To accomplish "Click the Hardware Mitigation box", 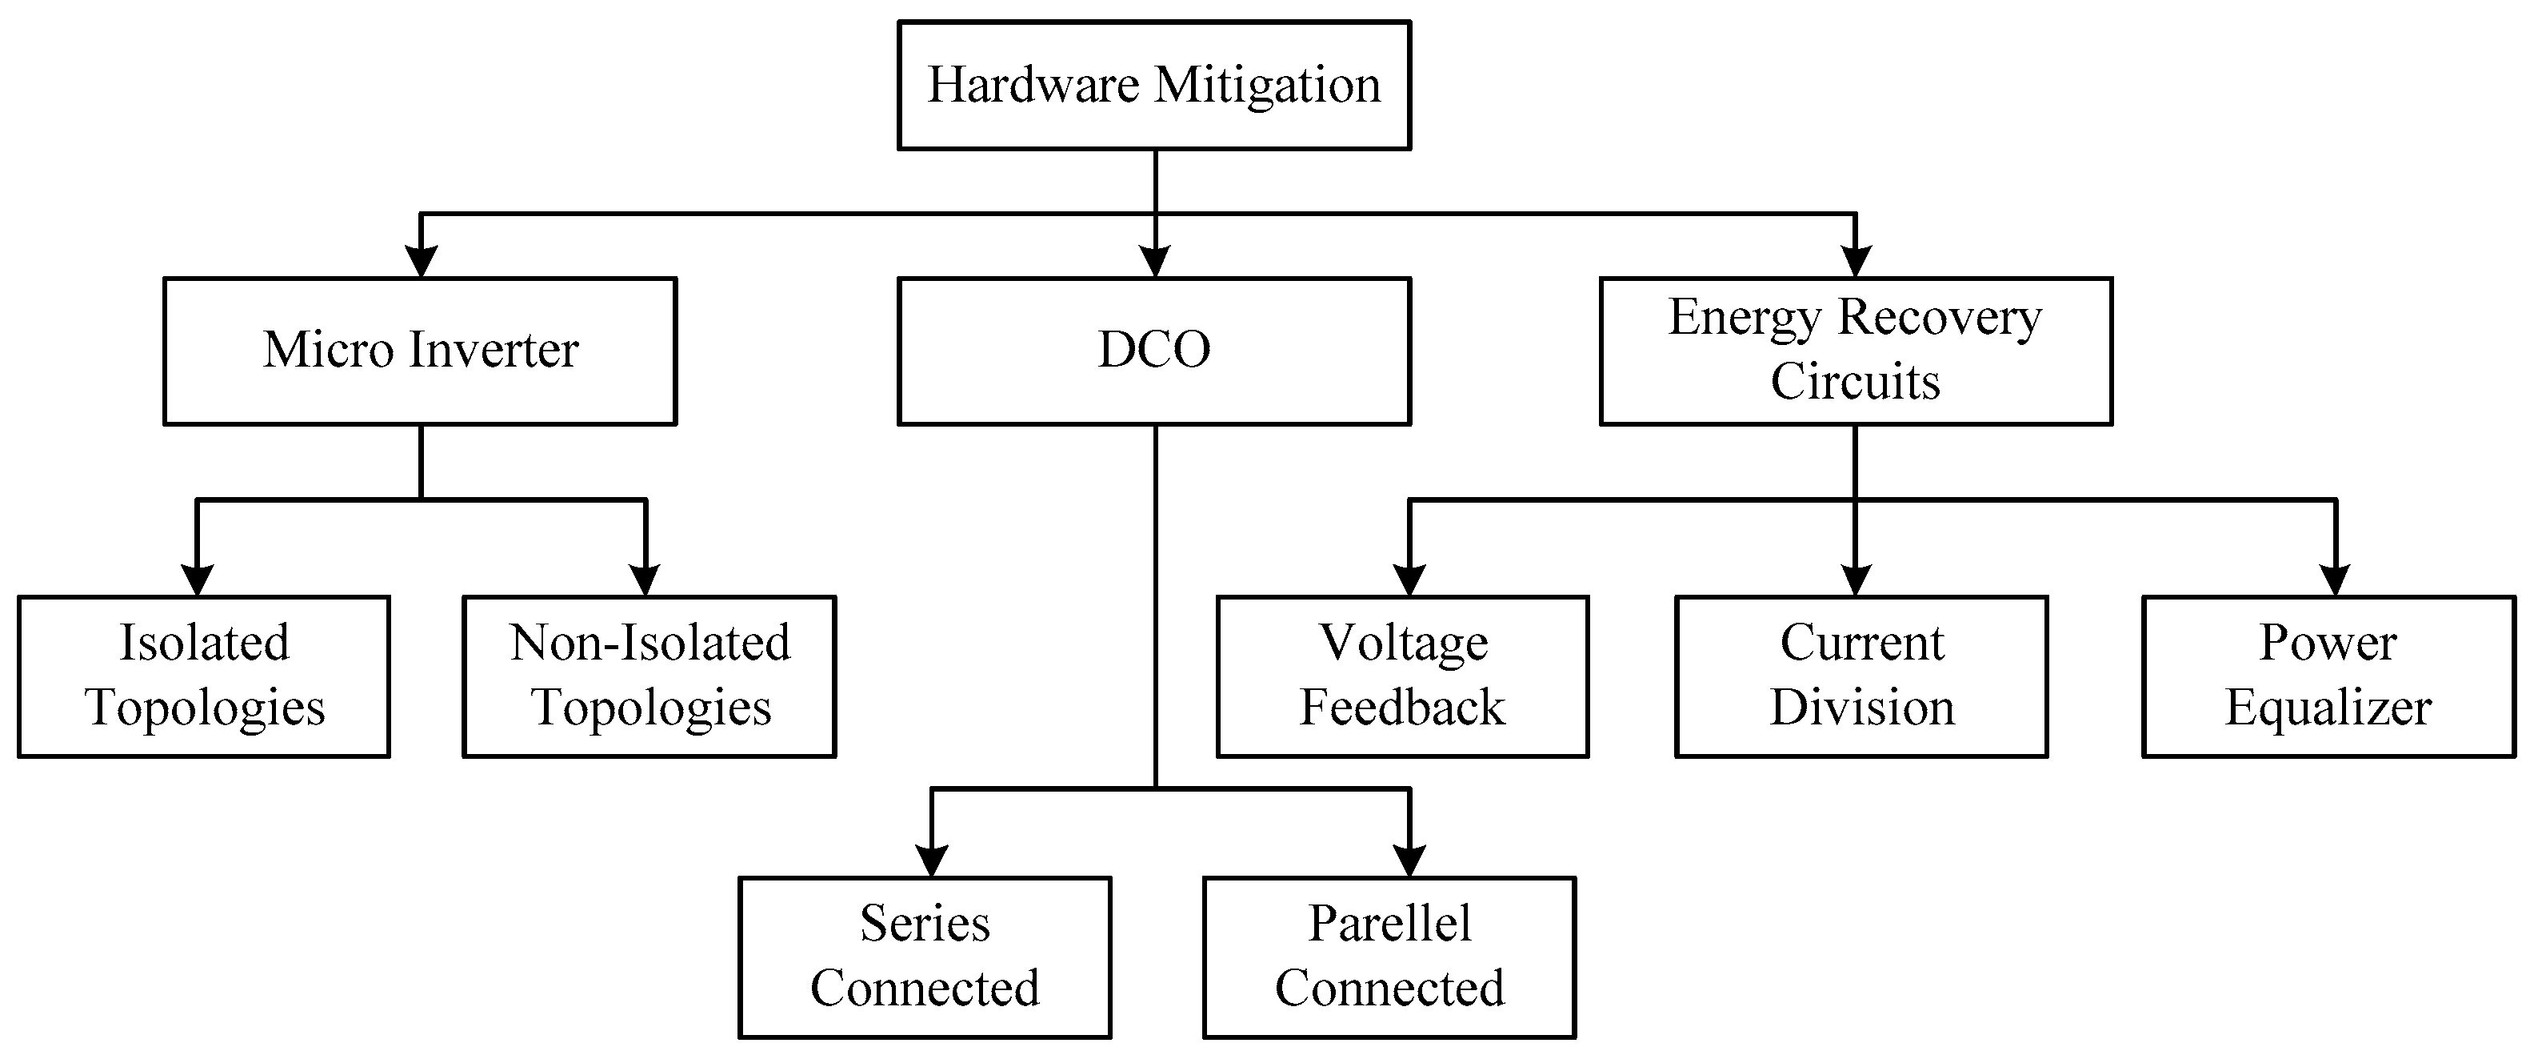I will tap(1154, 86).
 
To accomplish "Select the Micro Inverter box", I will tap(420, 351).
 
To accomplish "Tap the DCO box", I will tap(1154, 351).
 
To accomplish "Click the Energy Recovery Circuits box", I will tap(1855, 351).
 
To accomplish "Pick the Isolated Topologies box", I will tap(204, 676).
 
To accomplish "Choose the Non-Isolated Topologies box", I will tap(649, 676).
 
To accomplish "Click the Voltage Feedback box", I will tap(1401, 676).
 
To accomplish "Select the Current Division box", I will tap(1861, 676).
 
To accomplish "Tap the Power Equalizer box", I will tap(2328, 676).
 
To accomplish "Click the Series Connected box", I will tap(925, 957).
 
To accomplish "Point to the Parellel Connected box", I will tap(1389, 957).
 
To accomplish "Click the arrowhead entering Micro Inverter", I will tap(421, 262).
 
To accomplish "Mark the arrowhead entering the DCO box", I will tap(1155, 262).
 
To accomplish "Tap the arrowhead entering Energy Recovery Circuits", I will tap(1855, 262).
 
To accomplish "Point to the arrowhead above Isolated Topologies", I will tap(198, 580).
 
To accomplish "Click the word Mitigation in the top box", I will tap(1267, 86).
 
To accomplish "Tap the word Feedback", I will tap(1401, 708).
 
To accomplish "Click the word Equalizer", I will tap(2328, 708).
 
